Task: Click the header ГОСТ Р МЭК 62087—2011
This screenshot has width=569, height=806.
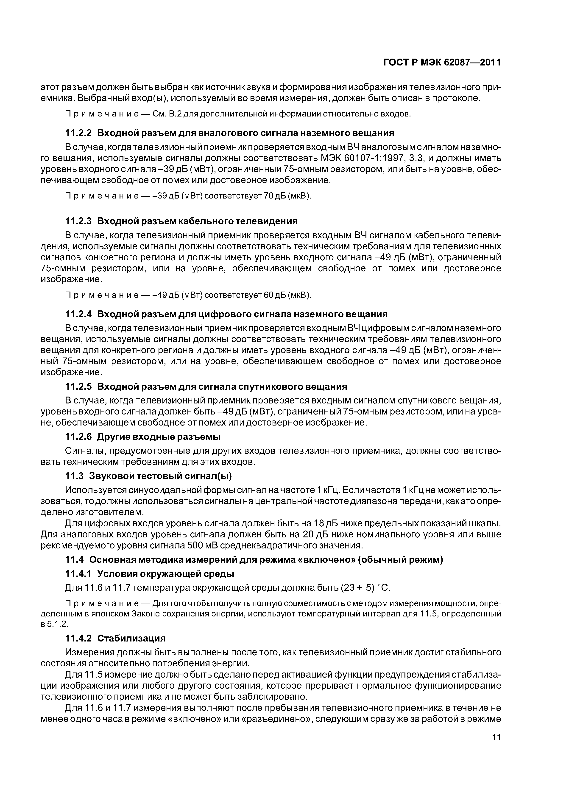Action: [x=442, y=62]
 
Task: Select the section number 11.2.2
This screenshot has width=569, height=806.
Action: [x=78, y=133]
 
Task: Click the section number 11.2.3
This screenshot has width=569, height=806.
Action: [x=78, y=221]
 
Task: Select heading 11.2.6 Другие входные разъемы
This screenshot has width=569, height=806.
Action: [x=143, y=437]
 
